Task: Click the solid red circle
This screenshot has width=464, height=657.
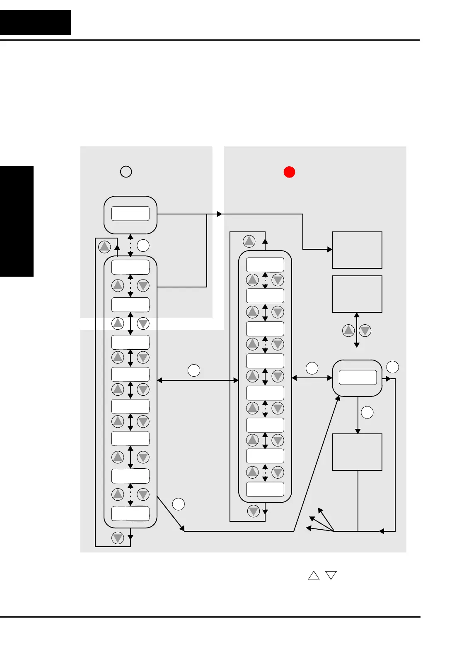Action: click(x=289, y=172)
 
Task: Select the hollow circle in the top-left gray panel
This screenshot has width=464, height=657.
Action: click(x=126, y=172)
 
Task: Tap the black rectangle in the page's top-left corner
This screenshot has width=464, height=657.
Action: click(x=36, y=22)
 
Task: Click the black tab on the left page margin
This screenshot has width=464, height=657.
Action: click(x=17, y=221)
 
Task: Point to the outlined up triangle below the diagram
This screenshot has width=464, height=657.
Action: click(x=314, y=575)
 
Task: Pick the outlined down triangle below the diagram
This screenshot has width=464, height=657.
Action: click(x=331, y=575)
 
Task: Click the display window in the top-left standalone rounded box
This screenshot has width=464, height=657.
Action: click(x=130, y=214)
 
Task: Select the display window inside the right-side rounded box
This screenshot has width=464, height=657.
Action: click(x=358, y=377)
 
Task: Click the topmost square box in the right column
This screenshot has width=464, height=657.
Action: click(x=357, y=250)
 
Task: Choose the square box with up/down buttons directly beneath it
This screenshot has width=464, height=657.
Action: click(x=357, y=294)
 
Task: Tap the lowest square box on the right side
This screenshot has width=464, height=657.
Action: click(x=357, y=452)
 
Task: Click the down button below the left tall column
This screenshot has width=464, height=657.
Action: click(x=118, y=538)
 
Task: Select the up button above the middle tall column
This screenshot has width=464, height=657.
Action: click(x=249, y=241)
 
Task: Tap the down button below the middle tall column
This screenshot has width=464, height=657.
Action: click(x=254, y=511)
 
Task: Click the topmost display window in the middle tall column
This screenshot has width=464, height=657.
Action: click(x=265, y=265)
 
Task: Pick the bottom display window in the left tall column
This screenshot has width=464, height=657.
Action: click(x=130, y=513)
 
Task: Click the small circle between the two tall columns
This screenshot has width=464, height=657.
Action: click(x=194, y=370)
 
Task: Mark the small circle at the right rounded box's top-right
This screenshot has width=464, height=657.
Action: click(x=392, y=367)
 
